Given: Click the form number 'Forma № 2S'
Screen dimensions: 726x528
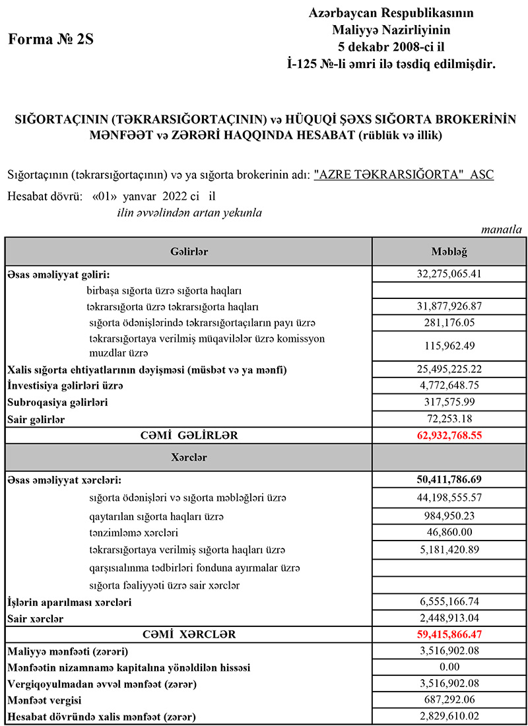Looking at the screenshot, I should tap(51, 39).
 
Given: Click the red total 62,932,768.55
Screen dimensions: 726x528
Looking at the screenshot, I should tap(449, 436).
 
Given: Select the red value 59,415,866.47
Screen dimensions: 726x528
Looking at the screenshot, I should tap(449, 635).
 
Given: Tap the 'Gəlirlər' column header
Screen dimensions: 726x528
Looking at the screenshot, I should tap(189, 251).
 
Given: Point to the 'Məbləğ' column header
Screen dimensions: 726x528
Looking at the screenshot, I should tap(449, 251).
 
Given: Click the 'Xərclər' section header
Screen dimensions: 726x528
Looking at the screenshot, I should tap(189, 457).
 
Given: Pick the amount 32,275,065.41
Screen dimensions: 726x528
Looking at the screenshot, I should tap(449, 273).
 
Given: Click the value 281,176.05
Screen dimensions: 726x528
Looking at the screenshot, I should tap(449, 323).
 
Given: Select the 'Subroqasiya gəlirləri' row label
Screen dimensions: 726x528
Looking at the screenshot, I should tap(57, 402).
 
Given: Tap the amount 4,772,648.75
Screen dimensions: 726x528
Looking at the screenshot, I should tap(449, 385).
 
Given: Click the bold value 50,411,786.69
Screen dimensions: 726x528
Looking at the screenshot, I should tap(449, 480).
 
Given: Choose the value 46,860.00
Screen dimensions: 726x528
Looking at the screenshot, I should tap(449, 532).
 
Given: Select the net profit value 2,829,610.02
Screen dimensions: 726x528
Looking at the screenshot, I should tap(449, 717).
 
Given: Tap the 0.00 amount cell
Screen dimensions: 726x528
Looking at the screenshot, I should tap(449, 667).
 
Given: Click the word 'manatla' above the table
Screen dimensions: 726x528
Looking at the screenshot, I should tap(502, 230).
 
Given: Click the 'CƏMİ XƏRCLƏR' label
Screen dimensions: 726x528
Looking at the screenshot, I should tap(189, 635).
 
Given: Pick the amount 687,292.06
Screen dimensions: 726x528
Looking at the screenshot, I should tap(449, 700).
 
